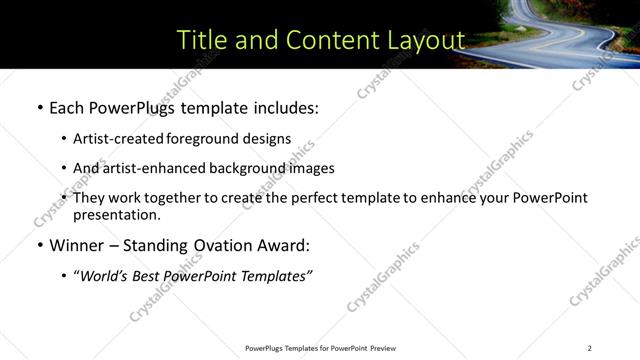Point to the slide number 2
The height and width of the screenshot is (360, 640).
tap(589, 348)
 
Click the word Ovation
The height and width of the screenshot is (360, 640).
tap(224, 245)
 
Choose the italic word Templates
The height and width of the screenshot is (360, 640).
tap(274, 275)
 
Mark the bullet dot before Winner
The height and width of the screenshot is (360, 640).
tap(39, 245)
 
